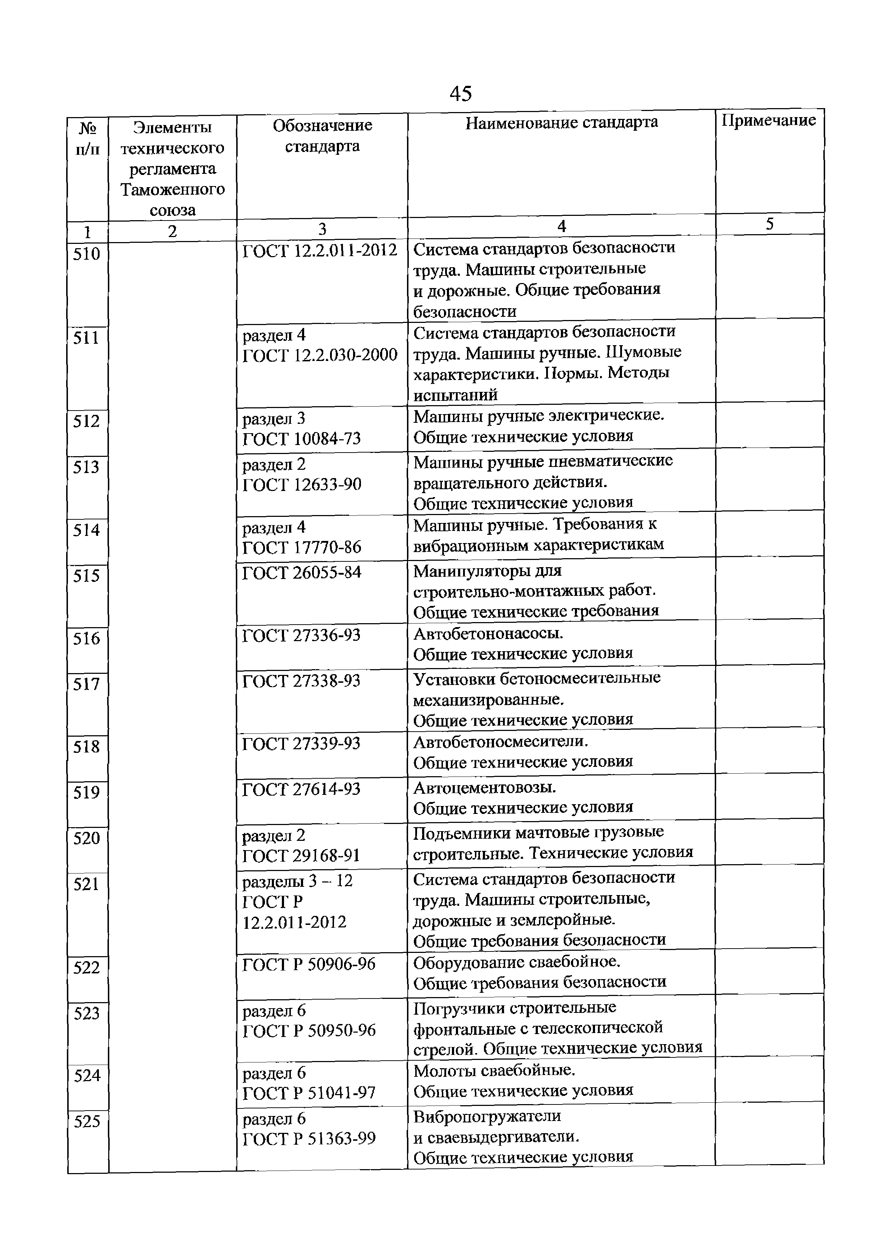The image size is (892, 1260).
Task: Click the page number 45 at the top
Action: (460, 94)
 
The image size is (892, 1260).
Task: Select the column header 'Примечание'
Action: (769, 121)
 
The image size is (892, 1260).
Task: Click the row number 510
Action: (87, 254)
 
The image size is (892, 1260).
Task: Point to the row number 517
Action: (87, 684)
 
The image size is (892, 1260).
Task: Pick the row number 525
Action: (87, 1121)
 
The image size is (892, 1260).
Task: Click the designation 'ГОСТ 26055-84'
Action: (302, 573)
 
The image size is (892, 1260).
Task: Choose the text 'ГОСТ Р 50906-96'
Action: (309, 964)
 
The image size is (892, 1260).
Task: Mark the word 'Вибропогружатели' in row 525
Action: (487, 1116)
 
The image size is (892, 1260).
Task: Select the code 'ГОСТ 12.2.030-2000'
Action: (320, 355)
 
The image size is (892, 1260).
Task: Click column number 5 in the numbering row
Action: (769, 224)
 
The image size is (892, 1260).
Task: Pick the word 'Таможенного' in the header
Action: (173, 190)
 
